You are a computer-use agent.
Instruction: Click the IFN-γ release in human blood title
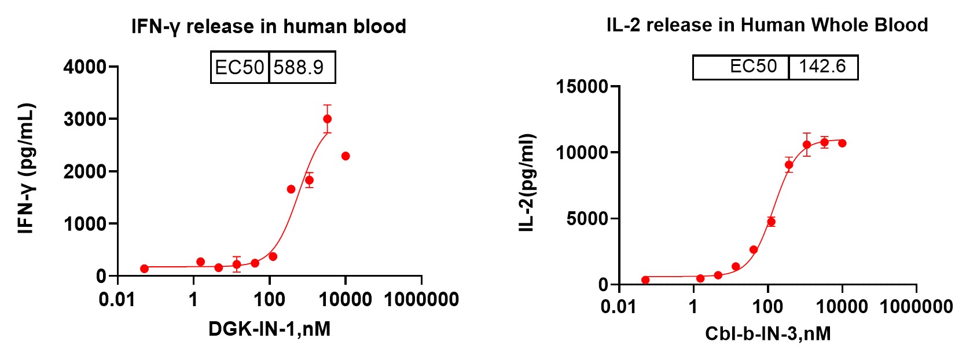269,27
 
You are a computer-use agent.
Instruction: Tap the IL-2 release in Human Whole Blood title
767,25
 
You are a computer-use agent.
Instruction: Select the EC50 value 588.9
299,68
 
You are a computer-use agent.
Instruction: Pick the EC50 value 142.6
822,67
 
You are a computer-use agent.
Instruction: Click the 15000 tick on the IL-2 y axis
582,87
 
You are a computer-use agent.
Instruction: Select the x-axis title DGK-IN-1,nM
269,329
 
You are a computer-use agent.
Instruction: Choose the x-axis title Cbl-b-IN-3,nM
767,333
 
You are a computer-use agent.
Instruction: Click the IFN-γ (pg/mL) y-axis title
27,168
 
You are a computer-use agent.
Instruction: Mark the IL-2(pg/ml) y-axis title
526,183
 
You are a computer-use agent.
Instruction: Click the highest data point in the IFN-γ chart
327,119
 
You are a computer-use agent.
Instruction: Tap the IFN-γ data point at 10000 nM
346,156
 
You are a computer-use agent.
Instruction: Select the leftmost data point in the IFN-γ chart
144,269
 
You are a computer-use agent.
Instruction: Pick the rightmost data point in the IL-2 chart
842,143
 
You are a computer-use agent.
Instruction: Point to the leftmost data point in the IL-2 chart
645,280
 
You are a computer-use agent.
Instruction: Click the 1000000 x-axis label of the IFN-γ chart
421,300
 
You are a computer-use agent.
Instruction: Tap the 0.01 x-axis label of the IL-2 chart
619,306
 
